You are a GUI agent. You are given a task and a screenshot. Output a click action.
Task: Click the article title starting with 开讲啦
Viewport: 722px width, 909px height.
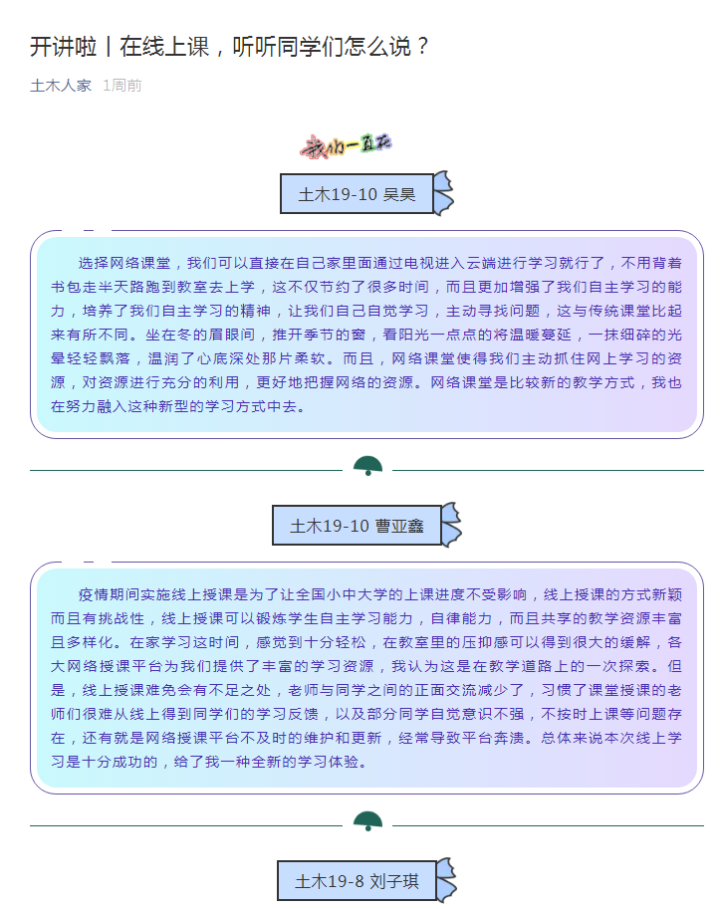coord(229,47)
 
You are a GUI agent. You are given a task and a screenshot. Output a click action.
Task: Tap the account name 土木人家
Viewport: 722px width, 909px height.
coord(61,86)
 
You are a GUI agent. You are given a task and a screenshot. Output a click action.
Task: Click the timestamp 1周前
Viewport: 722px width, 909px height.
coord(122,86)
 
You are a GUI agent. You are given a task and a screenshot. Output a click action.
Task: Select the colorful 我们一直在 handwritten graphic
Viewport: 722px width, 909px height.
coord(347,146)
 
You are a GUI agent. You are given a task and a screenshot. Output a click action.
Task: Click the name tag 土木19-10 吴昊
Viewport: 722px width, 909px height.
coord(357,193)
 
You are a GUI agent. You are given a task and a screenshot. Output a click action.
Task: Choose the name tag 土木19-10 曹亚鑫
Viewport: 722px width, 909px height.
coord(357,526)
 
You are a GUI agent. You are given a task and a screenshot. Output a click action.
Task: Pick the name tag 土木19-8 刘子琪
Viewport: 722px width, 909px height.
coord(357,881)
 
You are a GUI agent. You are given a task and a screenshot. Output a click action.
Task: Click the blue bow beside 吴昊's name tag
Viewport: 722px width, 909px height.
coord(443,192)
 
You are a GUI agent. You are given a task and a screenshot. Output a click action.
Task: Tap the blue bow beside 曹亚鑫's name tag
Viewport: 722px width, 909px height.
coord(451,524)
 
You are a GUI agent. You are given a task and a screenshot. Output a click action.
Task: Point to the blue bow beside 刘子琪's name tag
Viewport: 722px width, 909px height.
coord(446,880)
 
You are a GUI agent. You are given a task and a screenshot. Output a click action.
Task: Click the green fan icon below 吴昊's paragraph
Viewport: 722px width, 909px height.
coord(367,466)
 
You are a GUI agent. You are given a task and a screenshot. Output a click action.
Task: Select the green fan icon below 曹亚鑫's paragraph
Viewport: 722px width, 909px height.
coord(367,820)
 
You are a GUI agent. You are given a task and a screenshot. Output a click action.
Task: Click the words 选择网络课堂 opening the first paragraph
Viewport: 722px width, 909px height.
coord(124,263)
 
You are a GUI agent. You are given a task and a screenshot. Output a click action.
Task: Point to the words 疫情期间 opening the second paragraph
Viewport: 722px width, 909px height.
coord(109,594)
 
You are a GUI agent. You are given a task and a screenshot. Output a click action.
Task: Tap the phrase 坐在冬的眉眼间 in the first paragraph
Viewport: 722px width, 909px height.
coord(200,335)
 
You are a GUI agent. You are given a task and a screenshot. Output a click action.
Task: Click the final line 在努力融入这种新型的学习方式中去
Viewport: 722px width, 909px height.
coord(177,406)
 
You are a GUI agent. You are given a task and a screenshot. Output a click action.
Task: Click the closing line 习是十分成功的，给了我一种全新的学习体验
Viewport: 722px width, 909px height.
coord(209,762)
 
